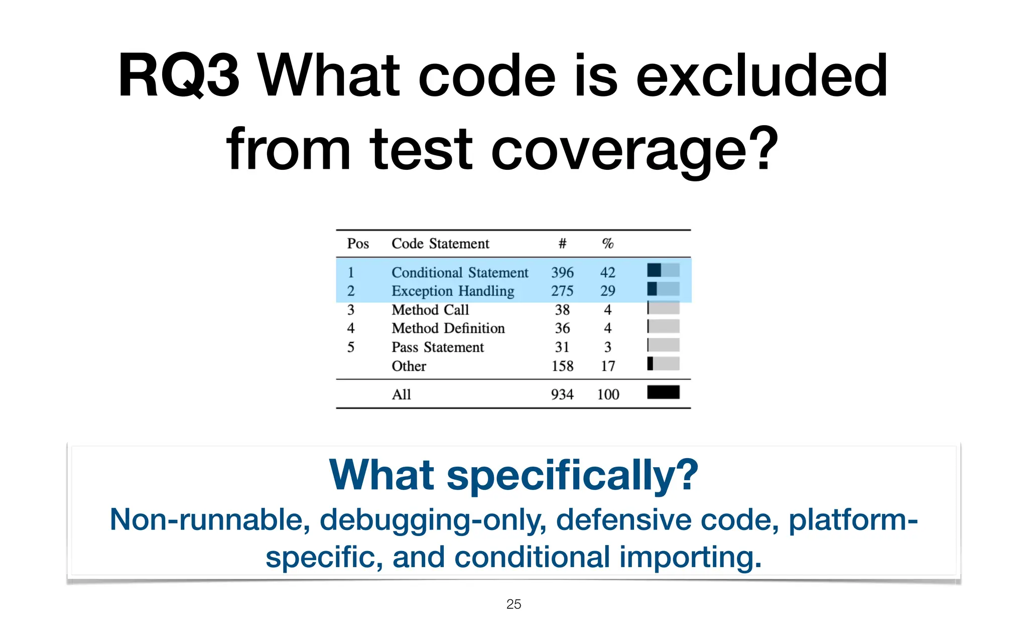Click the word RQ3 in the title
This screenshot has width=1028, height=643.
pos(178,76)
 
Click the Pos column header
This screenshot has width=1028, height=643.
pos(358,244)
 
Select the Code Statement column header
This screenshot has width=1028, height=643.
pos(440,244)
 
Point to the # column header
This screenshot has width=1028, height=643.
pos(562,244)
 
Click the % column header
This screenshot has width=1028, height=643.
pos(607,244)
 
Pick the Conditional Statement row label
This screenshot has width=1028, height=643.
pos(460,272)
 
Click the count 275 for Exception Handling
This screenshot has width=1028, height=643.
pos(562,291)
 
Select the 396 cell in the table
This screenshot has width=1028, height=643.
pos(562,272)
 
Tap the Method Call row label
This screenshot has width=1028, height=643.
pos(430,309)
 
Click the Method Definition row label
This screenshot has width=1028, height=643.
pos(448,328)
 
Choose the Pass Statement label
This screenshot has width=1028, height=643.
pos(437,347)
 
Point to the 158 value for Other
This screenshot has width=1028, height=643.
pos(562,366)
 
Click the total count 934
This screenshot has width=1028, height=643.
pos(562,394)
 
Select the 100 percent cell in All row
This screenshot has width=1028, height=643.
pos(608,394)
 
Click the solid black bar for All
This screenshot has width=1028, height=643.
pos(663,392)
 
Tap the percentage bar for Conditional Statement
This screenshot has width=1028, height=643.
pos(663,270)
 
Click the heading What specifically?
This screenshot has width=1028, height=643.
pos(513,475)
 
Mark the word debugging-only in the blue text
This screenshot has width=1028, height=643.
pos(433,519)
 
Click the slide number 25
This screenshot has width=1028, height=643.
pos(513,604)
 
